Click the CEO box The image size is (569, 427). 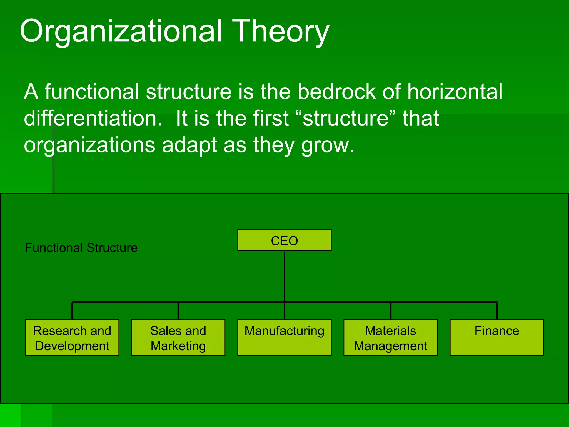point(284,240)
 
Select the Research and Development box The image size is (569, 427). point(72,337)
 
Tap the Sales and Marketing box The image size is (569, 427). point(178,337)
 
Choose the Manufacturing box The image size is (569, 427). point(284,337)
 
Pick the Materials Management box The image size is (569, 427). point(390,337)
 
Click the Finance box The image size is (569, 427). point(496,337)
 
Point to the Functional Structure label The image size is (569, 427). point(81,248)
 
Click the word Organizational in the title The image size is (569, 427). point(121,31)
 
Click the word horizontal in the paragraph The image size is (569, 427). point(455,91)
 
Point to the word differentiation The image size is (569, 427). point(93,118)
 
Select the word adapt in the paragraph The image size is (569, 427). point(189,145)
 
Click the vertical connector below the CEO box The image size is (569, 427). point(284,277)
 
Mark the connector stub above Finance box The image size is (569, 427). point(497,311)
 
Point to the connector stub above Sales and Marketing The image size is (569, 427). point(178,311)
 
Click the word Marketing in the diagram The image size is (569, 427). point(178,346)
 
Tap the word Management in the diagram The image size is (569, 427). point(390,346)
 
